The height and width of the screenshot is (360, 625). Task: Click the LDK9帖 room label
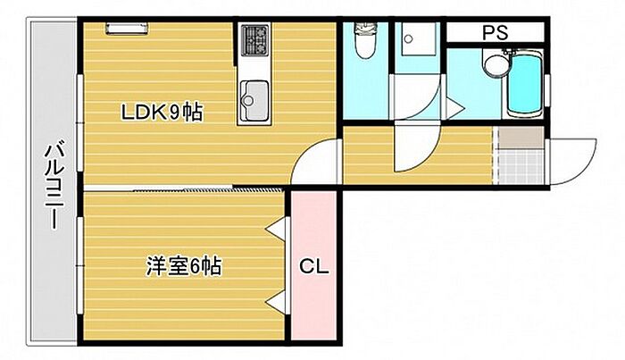tap(162, 113)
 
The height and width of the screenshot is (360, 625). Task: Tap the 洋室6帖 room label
tap(184, 266)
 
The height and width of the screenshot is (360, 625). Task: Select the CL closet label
tap(314, 266)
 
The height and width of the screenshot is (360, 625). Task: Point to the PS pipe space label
tap(496, 32)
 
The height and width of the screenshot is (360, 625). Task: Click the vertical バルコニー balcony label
tap(54, 188)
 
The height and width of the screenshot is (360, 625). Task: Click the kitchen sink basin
tap(254, 100)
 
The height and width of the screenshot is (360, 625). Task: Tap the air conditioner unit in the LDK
tap(127, 29)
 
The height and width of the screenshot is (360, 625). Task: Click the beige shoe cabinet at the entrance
tap(521, 138)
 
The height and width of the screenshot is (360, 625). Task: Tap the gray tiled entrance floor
tap(521, 166)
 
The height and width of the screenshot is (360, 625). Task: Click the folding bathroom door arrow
tap(454, 107)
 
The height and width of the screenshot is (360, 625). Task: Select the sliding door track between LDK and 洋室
tap(183, 188)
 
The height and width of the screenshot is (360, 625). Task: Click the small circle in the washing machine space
tap(408, 38)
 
